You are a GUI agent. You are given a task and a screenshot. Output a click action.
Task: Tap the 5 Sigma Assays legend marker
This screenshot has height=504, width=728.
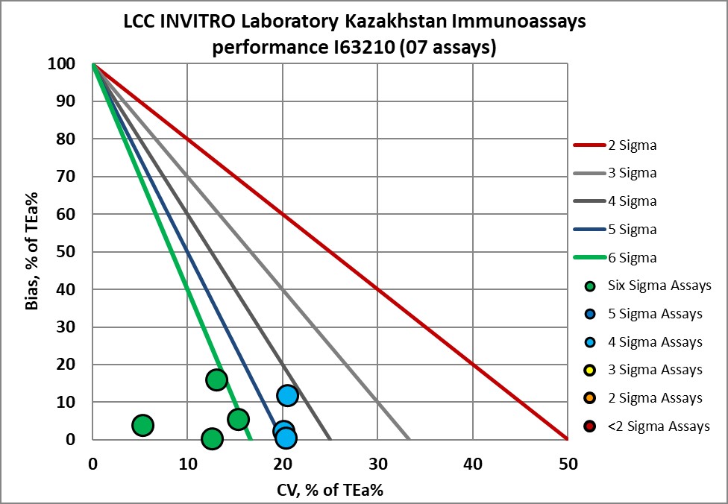tap(590, 314)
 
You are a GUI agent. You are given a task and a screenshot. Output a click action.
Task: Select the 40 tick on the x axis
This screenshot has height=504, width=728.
tap(472, 463)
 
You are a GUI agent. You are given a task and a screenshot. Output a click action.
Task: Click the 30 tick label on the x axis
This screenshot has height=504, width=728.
tap(377, 463)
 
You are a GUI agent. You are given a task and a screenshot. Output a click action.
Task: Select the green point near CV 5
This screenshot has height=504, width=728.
tap(142, 425)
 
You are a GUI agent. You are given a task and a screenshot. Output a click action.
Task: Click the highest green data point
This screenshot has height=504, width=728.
tap(216, 380)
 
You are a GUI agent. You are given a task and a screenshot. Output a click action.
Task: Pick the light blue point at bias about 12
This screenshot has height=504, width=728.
tap(287, 395)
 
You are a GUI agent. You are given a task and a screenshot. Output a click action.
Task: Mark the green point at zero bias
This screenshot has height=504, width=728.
tap(212, 438)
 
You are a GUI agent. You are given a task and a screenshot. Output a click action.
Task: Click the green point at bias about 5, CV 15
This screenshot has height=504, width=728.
tap(238, 419)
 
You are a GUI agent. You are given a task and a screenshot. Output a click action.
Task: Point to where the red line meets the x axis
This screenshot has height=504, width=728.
tap(568, 439)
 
